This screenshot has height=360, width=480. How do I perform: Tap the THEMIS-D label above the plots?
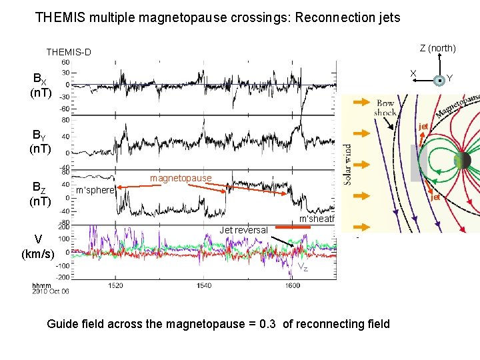69,52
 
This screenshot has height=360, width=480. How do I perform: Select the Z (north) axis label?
437,48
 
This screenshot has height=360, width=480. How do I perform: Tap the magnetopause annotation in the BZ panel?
181,178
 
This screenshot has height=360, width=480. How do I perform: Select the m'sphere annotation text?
95,191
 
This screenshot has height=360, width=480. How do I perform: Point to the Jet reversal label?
244,230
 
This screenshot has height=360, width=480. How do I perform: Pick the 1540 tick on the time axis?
203,285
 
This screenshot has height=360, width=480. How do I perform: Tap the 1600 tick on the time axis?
292,285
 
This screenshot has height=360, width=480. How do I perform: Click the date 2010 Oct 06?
51,291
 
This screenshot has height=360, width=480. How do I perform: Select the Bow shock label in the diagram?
385,108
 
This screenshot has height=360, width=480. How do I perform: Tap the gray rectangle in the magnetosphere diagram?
418,162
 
